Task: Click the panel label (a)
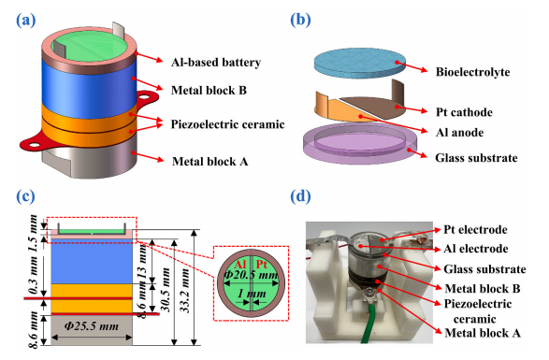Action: coord(26,21)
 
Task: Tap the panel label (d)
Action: coord(301,196)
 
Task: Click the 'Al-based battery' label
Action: coord(216,63)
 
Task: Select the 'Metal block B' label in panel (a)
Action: coord(209,91)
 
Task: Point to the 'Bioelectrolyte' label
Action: coord(472,72)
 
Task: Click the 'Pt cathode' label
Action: coord(464,112)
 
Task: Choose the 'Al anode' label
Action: coord(460,133)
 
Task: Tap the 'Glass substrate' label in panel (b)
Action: coord(477,158)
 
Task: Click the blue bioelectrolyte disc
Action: coord(360,63)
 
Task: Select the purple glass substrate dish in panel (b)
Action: coord(360,145)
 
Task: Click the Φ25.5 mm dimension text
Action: coord(92,326)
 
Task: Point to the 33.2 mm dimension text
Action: coord(185,291)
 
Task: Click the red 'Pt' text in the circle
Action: coord(262,264)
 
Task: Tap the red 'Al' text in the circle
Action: coord(240,265)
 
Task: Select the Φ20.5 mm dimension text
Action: coord(251,275)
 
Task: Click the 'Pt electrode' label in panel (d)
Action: coord(475,230)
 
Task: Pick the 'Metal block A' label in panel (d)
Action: coord(483,333)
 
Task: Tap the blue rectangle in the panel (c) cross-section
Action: coord(92,263)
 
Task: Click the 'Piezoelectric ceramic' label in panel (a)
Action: coord(227,124)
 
